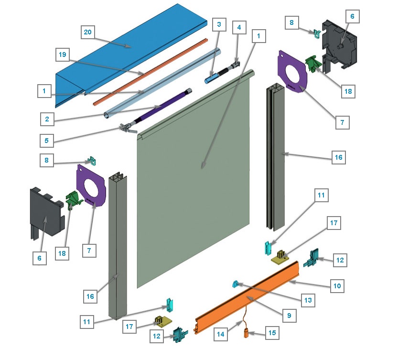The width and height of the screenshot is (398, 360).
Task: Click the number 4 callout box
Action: pos(239,27)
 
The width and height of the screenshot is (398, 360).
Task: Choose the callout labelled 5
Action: pos(46,141)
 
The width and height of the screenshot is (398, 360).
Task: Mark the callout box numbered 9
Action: pos(289,315)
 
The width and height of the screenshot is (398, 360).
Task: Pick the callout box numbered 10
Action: pos(337,286)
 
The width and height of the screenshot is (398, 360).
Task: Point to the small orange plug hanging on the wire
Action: pos(247,334)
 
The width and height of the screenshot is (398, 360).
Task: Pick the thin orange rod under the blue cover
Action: pos(148,72)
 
